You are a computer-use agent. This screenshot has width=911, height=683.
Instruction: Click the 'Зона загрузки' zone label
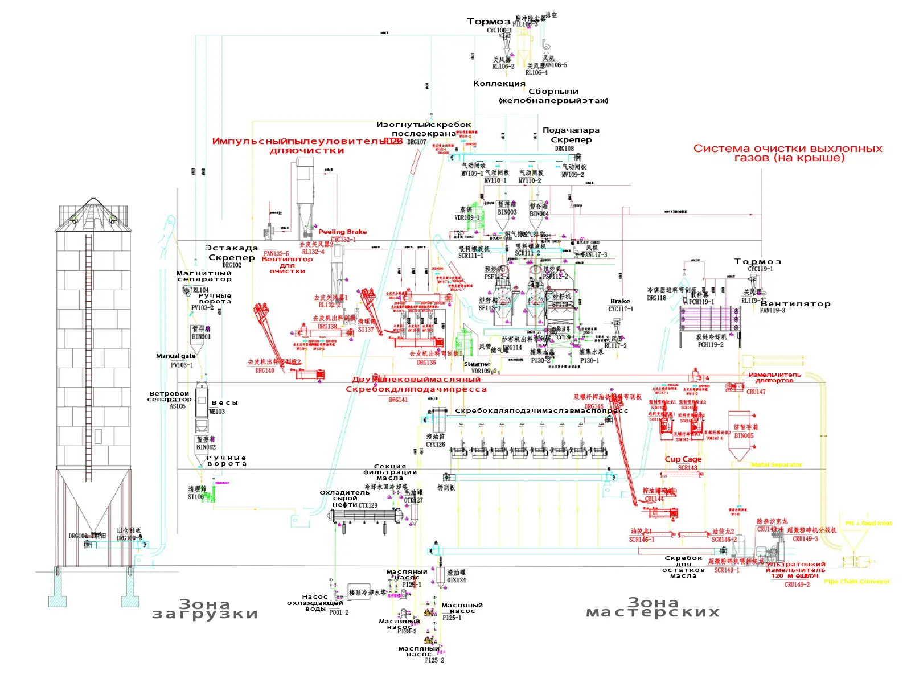pyautogui.click(x=205, y=608)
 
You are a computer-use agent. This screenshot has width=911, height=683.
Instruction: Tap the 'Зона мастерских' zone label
pyautogui.click(x=653, y=607)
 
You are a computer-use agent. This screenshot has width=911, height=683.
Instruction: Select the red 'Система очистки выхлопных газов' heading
pyautogui.click(x=788, y=153)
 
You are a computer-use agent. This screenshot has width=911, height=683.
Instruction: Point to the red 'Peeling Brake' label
pyautogui.click(x=342, y=232)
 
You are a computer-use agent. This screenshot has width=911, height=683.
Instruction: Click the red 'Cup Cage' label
pyautogui.click(x=683, y=459)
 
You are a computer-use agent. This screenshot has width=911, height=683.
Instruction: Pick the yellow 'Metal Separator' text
pyautogui.click(x=777, y=465)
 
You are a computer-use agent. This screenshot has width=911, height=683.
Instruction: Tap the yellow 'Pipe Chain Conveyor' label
pyautogui.click(x=857, y=581)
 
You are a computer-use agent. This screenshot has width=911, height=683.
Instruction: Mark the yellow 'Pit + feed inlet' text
pyautogui.click(x=868, y=523)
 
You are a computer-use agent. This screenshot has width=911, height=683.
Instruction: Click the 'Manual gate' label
pyautogui.click(x=175, y=356)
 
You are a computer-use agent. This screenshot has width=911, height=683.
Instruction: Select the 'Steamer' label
pyautogui.click(x=477, y=364)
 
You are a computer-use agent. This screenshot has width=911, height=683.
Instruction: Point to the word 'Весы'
pyautogui.click(x=225, y=403)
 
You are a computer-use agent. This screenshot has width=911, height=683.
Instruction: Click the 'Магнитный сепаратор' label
pyautogui.click(x=204, y=276)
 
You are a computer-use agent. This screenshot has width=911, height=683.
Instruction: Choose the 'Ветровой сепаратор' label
pyautogui.click(x=169, y=396)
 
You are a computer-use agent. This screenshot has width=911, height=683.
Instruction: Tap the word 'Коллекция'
pyautogui.click(x=499, y=84)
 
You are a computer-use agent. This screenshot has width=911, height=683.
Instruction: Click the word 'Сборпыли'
pyautogui.click(x=553, y=92)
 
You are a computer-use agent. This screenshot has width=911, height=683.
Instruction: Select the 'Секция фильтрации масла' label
pyautogui.click(x=390, y=472)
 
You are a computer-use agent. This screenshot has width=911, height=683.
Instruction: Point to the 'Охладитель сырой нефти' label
pyautogui.click(x=344, y=499)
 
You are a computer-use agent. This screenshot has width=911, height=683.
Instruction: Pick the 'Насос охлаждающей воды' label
pyautogui.click(x=315, y=603)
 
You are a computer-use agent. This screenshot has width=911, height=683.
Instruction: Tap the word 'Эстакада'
pyautogui.click(x=232, y=248)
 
